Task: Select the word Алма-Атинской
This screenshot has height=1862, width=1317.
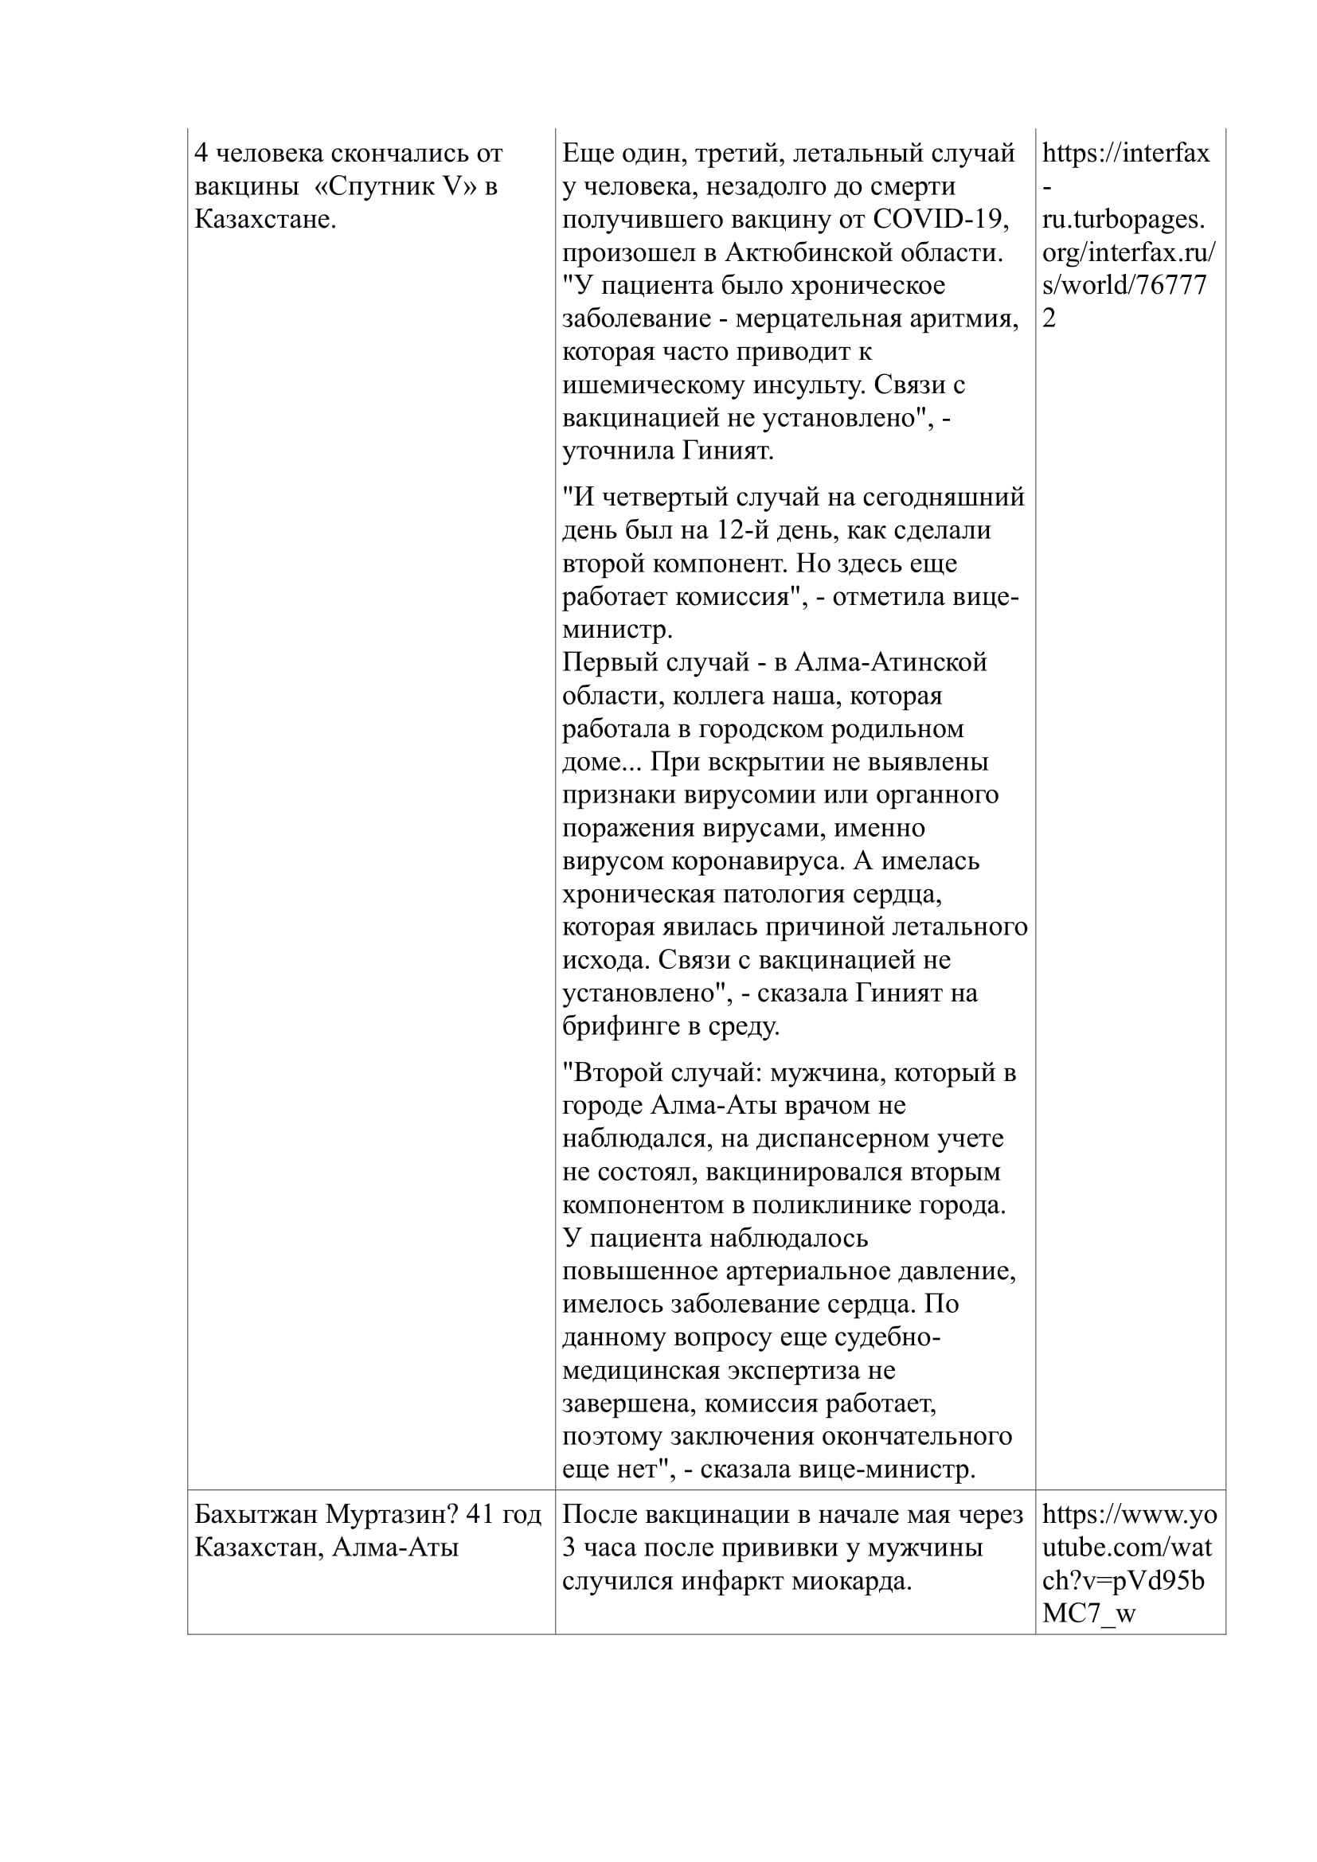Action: coord(889,662)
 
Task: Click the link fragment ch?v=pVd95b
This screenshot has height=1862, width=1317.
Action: coord(1123,1581)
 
